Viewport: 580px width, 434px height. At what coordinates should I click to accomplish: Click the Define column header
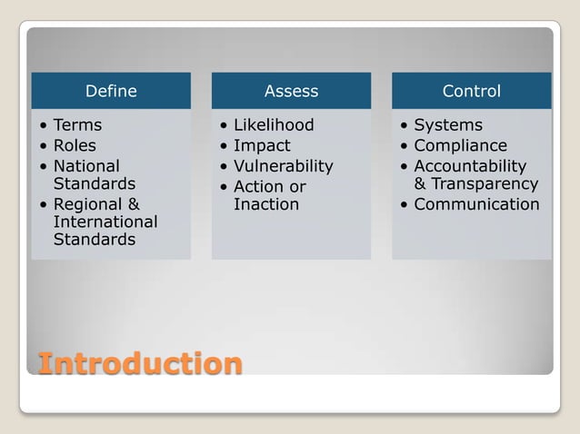pos(111,91)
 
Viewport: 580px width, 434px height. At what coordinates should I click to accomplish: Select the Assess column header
pos(291,91)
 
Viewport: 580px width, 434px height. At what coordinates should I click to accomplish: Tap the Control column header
pos(471,91)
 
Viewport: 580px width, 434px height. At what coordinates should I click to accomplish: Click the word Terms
pos(77,125)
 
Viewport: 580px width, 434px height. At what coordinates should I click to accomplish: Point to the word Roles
pos(75,145)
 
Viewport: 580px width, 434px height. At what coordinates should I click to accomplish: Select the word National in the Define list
pos(86,166)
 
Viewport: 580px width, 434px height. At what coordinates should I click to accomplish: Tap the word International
pos(105,222)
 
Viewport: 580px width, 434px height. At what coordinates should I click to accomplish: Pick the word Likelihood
pos(274,125)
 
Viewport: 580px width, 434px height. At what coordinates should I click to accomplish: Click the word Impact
pos(262,145)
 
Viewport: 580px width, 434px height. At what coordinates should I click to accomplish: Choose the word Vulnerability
pos(284,166)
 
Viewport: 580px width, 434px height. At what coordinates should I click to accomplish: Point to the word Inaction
pos(266,204)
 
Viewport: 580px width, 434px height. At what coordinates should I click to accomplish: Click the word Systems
pos(448,125)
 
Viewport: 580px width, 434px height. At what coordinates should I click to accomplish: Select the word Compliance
pos(461,145)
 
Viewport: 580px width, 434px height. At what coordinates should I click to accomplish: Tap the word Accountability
pos(470,166)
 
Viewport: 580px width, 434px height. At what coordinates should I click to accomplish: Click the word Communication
pos(476,204)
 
